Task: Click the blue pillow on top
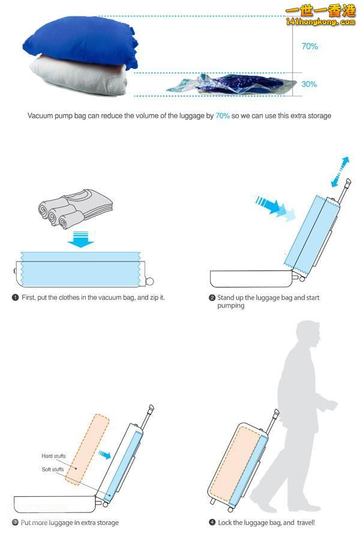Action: click(x=81, y=41)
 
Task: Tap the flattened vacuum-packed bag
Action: click(x=232, y=85)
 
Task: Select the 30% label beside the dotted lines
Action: click(x=309, y=84)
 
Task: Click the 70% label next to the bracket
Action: click(x=310, y=46)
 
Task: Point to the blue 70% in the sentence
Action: click(x=223, y=116)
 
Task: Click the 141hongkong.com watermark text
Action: click(x=320, y=22)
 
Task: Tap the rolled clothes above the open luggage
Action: click(x=76, y=209)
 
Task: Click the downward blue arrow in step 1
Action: click(x=80, y=239)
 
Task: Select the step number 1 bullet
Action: click(x=15, y=297)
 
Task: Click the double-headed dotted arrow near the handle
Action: click(x=340, y=172)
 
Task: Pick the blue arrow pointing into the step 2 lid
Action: click(x=275, y=208)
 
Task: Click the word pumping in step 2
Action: click(x=231, y=306)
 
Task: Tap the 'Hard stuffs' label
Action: click(x=53, y=456)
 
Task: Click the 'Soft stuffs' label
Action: click(x=53, y=469)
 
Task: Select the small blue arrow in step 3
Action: click(x=105, y=455)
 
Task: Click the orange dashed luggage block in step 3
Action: click(x=88, y=450)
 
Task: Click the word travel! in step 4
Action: click(x=306, y=523)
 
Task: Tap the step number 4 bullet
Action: click(x=212, y=522)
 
